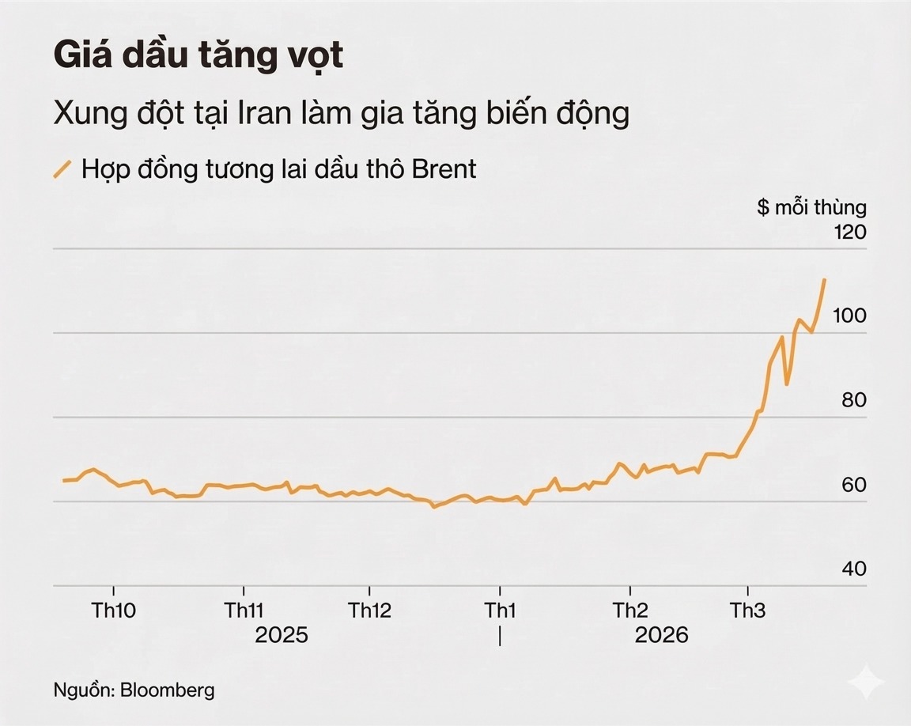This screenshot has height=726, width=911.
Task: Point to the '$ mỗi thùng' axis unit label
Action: pos(811,208)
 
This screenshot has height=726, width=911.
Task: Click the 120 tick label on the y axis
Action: pos(850,233)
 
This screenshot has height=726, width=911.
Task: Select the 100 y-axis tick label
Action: pos(850,316)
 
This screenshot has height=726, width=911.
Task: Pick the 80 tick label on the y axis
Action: pos(854,400)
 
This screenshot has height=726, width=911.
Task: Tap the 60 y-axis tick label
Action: pos(854,485)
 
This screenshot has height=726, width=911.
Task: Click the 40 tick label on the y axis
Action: pos(854,569)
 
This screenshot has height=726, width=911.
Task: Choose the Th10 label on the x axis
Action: pos(114,611)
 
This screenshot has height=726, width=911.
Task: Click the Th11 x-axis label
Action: pos(244,611)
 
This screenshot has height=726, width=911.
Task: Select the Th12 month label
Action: pos(370,611)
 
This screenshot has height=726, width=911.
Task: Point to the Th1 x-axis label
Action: pos(500,611)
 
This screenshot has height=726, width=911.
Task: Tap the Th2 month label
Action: pos(629,611)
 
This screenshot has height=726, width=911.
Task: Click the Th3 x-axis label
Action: pos(747,611)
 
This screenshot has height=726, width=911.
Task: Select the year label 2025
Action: pos(281,635)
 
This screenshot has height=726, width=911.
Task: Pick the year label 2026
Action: pos(662,635)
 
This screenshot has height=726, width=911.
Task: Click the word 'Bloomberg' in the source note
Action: pos(167,690)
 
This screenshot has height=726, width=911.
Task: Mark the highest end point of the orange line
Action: pos(825,279)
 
